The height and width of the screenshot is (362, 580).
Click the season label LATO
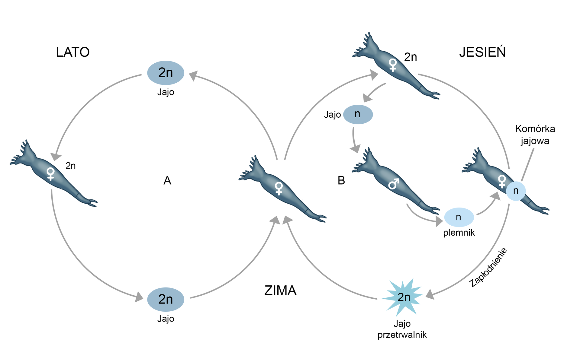[x=73, y=52]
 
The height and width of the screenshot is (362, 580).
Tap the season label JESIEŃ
[x=482, y=52]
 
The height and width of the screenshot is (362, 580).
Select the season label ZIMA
[x=280, y=291]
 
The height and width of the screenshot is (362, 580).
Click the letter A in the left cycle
[x=167, y=181]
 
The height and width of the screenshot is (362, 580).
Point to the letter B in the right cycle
[x=341, y=181]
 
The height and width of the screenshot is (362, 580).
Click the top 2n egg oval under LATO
[x=166, y=73]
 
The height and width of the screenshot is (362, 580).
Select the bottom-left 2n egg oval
[x=166, y=299]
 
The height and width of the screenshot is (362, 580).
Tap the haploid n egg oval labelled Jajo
[x=358, y=114]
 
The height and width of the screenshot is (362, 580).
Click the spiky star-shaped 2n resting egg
[x=403, y=297]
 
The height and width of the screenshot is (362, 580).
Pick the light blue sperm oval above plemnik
[x=459, y=217]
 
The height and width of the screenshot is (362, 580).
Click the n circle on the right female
[x=516, y=191]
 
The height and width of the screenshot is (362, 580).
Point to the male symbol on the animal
[x=394, y=183]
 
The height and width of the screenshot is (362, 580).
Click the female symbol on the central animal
[x=279, y=188]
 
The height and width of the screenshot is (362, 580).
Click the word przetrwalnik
[x=402, y=335]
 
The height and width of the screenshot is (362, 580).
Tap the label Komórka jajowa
[x=535, y=135]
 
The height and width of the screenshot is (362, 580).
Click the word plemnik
[x=459, y=233]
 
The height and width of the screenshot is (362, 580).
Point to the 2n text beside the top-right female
[x=411, y=57]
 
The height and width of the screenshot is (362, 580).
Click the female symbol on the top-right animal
[x=393, y=65]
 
